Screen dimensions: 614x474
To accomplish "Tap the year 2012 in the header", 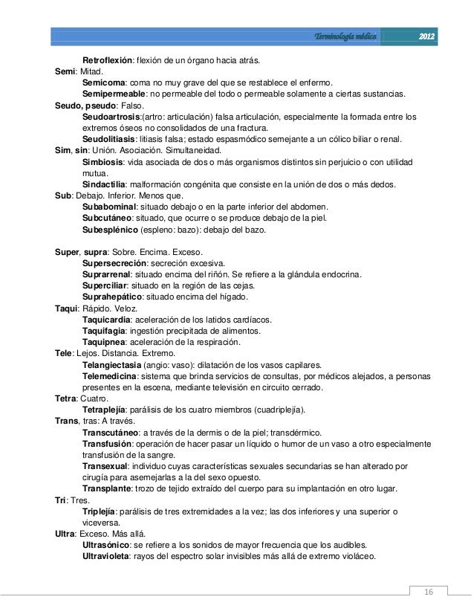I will [426, 36].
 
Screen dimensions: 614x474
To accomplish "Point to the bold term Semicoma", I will [103, 83].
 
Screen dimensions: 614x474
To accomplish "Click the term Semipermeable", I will [114, 94].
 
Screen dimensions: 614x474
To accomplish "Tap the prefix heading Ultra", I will [66, 534].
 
